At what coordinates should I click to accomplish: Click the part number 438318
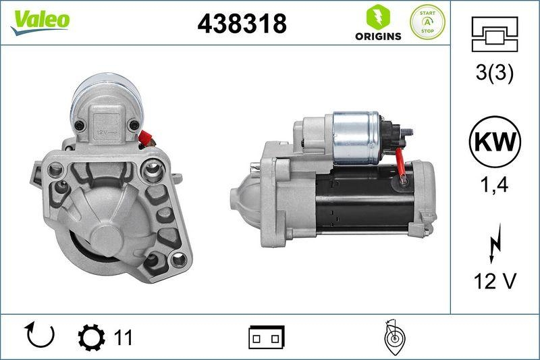point(242,24)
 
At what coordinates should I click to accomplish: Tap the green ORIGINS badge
point(378,23)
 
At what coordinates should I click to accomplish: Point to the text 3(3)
point(495,74)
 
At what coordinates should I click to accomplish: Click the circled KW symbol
point(495,143)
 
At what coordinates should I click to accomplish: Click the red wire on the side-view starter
point(401,165)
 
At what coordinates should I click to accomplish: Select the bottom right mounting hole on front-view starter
point(179,259)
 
